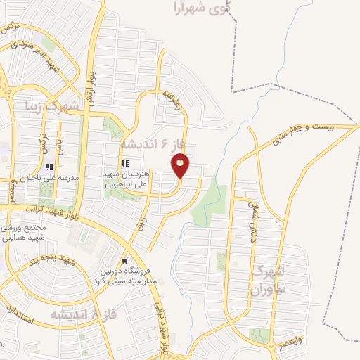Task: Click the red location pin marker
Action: (x=181, y=166)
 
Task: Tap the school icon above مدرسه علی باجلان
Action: (x=49, y=167)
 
